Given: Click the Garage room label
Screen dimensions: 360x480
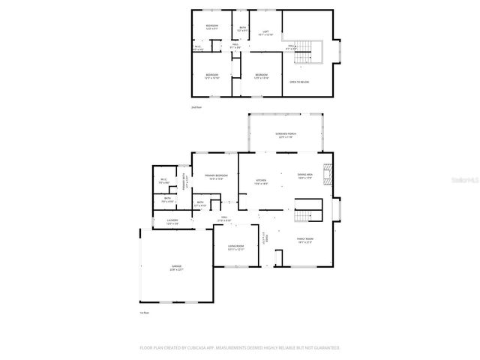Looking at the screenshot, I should coord(176,268).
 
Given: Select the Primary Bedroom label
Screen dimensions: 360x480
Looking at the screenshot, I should coord(217,177).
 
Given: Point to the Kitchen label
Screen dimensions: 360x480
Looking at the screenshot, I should coord(261,181).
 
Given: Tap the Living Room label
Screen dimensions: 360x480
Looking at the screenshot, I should coord(236,247).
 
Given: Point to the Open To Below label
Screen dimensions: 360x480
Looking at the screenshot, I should coord(300,82).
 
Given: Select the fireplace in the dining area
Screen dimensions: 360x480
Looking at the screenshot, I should coord(326,174).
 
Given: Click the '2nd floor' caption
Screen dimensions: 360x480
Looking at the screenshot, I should coord(196,108).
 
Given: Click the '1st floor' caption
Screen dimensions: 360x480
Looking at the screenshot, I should coord(144,313).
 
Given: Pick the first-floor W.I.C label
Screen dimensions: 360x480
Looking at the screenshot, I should coord(163,181).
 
